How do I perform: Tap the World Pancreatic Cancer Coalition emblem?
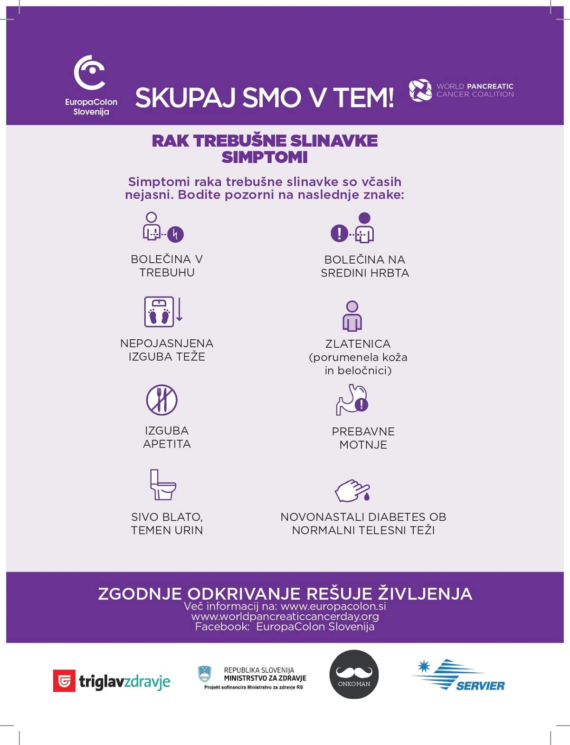pyautogui.click(x=420, y=90)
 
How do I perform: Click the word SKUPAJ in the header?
pyautogui.click(x=185, y=98)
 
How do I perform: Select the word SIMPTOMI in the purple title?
pyautogui.click(x=265, y=157)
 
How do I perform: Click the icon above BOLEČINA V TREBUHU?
pyautogui.click(x=163, y=227)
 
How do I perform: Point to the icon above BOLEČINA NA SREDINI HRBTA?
pyautogui.click(x=353, y=228)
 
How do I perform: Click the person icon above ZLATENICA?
pyautogui.click(x=352, y=316)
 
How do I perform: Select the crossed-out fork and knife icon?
pyautogui.click(x=161, y=400)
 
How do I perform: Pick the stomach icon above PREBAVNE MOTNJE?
pyautogui.click(x=352, y=400)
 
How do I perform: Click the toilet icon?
pyautogui.click(x=162, y=485)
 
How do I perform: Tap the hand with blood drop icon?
pyautogui.click(x=352, y=491)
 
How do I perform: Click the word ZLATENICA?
pyautogui.click(x=358, y=344)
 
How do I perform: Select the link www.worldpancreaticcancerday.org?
pyautogui.click(x=285, y=617)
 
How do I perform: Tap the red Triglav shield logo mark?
pyautogui.click(x=64, y=681)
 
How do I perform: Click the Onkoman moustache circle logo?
pyautogui.click(x=354, y=674)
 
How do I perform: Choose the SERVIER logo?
pyautogui.click(x=458, y=675)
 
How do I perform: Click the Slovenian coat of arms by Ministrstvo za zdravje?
pyautogui.click(x=205, y=674)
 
